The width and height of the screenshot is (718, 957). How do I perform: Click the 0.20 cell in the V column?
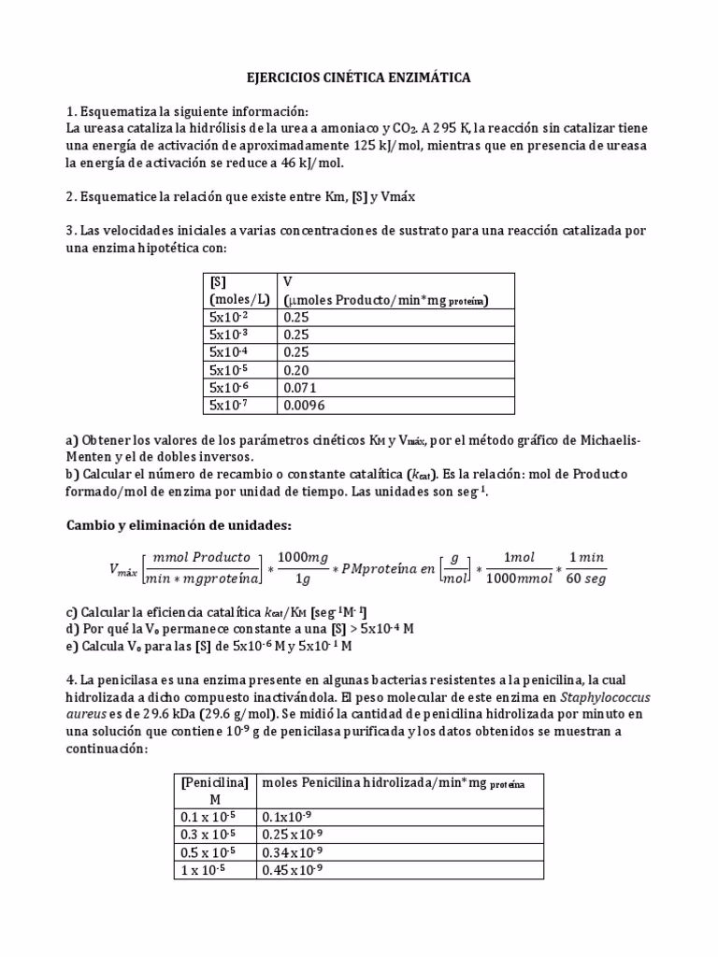(x=294, y=369)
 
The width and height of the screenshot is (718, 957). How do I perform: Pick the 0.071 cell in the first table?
(x=299, y=387)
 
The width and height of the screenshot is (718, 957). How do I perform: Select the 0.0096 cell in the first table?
(x=303, y=405)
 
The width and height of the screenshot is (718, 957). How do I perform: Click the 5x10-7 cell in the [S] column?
(x=230, y=405)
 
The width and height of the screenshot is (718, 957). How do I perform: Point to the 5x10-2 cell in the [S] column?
(x=230, y=317)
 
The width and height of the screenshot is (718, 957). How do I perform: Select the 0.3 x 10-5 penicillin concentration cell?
(x=209, y=835)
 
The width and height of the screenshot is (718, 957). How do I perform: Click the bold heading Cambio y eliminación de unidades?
(x=179, y=524)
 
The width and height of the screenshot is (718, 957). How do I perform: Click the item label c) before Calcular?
(x=72, y=610)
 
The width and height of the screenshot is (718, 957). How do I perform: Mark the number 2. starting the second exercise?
(x=71, y=197)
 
